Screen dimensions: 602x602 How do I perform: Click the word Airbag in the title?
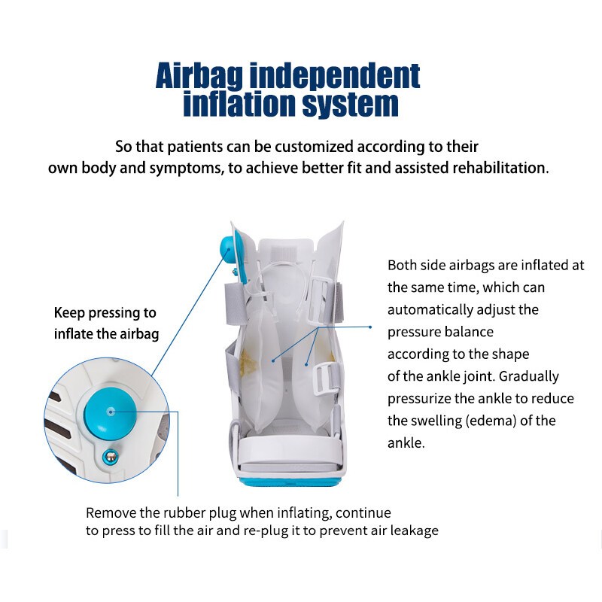(199, 76)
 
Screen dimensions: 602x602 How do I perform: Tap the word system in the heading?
(350, 104)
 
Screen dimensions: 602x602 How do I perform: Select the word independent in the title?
(335, 76)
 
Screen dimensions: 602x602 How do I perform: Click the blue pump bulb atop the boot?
(227, 250)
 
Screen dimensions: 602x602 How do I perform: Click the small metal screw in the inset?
(111, 457)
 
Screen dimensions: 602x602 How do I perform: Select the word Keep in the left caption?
(69, 313)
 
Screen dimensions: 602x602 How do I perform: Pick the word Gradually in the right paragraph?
(529, 377)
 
